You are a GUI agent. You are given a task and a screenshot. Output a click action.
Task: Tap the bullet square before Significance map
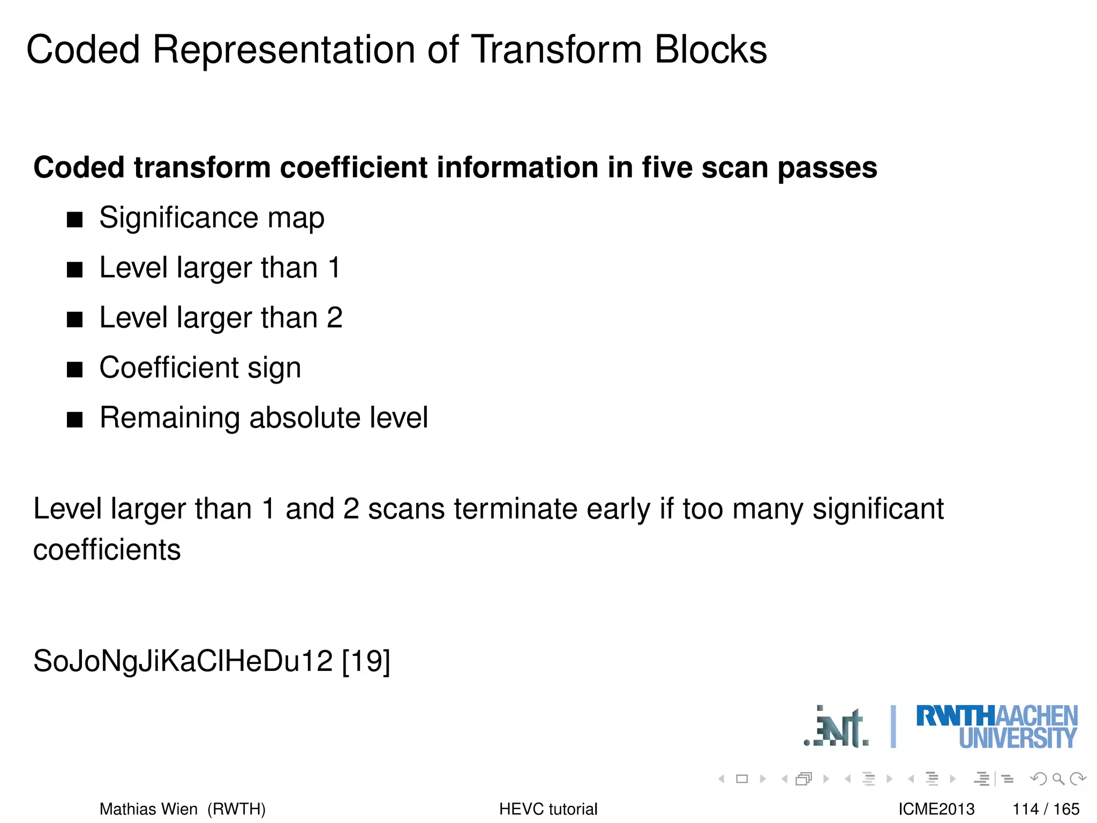(75, 220)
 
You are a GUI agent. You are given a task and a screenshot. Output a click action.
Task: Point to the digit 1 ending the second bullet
(334, 267)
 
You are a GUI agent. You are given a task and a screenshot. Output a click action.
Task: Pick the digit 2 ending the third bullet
(334, 317)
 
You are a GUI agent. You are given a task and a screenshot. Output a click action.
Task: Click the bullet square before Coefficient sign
(75, 370)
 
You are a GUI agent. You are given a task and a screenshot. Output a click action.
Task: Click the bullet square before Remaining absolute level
(75, 420)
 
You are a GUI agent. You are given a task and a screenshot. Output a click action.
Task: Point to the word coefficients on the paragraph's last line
(107, 550)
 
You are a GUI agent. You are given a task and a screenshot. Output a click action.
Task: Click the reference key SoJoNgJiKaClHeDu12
(183, 661)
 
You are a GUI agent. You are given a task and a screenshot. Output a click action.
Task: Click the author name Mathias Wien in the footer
(148, 809)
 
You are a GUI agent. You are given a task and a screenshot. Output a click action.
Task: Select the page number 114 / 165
(1046, 809)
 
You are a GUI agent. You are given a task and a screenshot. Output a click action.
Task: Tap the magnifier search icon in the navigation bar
(1058, 779)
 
